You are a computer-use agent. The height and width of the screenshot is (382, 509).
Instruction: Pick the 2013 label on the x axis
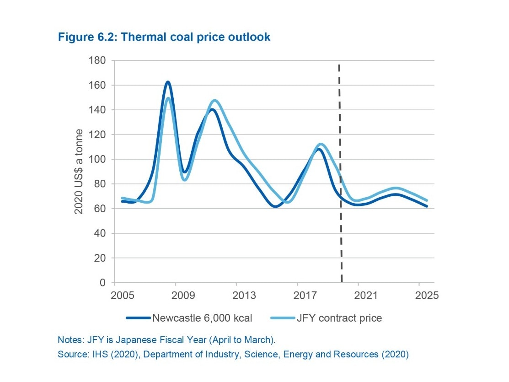tap(236, 295)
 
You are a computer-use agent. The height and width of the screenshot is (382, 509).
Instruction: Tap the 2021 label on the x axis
tap(358, 295)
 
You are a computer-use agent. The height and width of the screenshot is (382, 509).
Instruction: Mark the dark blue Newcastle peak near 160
tap(168, 82)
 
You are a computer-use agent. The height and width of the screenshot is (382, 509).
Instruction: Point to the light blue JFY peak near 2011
tap(215, 101)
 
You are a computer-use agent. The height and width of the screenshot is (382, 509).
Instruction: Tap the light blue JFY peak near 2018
tap(321, 144)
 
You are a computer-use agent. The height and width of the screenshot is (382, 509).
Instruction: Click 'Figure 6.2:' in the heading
tap(87, 37)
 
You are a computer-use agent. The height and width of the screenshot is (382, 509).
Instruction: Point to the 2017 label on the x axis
tap(297, 295)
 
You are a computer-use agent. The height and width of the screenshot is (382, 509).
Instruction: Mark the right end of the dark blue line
tap(427, 206)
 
